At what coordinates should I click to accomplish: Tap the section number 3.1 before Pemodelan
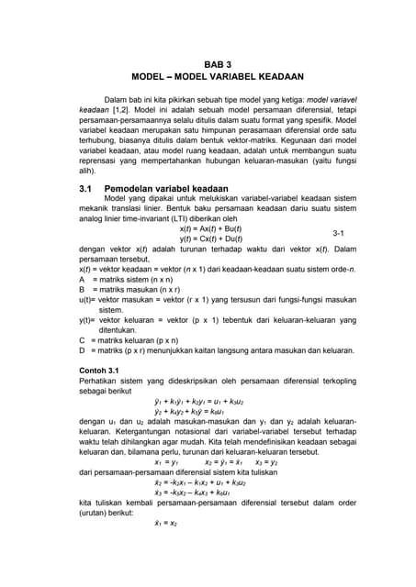tap(88, 187)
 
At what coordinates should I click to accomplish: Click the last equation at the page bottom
tap(165, 523)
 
